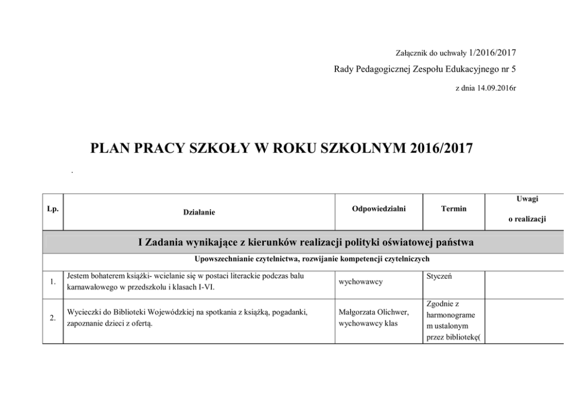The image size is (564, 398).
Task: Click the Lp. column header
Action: tap(52, 208)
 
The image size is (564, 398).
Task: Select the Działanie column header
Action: tap(199, 212)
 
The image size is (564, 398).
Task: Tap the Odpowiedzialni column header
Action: tap(379, 208)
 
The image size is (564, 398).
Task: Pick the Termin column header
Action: tap(454, 208)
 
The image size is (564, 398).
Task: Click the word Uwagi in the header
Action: tap(527, 199)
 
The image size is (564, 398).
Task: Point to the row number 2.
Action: tap(52, 318)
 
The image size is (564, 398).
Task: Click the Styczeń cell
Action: tap(439, 275)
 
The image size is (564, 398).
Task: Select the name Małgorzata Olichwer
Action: tap(372, 312)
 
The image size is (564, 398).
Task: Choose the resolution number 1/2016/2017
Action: tap(492, 53)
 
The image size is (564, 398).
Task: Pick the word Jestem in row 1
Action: tap(78, 275)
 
